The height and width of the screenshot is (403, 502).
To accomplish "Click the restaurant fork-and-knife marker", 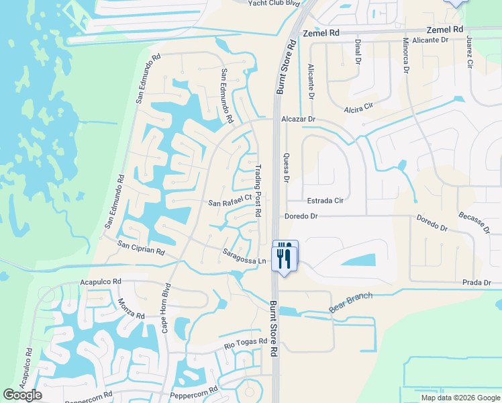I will (x=285, y=255).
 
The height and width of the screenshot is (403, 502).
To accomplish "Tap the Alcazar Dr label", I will (x=298, y=119).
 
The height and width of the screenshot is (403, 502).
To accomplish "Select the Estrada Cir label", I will (x=325, y=200).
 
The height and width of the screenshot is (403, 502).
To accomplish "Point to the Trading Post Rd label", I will (x=258, y=190).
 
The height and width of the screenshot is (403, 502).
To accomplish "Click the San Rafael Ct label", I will (x=229, y=201).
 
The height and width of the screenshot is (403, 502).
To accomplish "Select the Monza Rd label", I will (x=131, y=308).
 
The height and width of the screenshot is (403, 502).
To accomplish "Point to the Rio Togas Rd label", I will (x=246, y=346).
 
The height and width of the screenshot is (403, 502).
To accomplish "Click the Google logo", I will (x=23, y=395).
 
